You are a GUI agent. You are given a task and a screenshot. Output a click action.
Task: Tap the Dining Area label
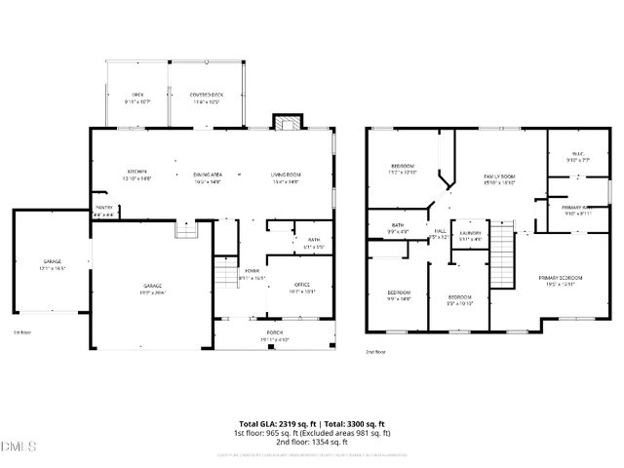pos(207,174)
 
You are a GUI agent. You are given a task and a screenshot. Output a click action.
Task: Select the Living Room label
pos(286,174)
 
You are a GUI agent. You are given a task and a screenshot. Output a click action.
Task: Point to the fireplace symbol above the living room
pos(285,124)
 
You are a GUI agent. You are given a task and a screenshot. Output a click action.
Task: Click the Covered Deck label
pos(207,96)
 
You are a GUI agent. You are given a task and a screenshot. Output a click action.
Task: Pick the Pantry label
pos(104,209)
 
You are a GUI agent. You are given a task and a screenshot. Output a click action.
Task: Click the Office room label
pos(302,286)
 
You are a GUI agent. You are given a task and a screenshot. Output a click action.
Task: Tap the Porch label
pos(276,336)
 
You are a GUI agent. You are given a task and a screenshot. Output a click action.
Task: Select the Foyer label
pos(253,274)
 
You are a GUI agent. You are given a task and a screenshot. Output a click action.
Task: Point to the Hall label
pos(440,233)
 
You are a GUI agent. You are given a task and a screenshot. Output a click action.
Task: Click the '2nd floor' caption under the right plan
pos(375,351)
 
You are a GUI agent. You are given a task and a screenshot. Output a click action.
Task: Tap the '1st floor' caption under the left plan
pos(21,332)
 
